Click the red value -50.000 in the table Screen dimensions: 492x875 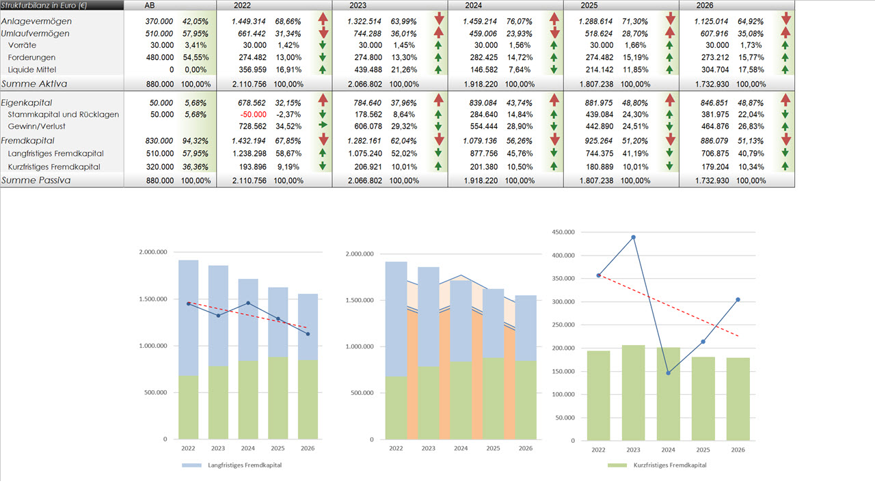point(254,114)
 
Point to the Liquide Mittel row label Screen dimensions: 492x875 point(31,70)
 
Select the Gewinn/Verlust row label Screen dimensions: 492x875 point(37,126)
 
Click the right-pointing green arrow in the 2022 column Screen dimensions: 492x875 point(323,126)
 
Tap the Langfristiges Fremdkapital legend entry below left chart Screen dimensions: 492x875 point(245,465)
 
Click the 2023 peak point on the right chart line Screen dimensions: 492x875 point(633,237)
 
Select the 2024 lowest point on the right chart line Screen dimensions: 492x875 point(668,373)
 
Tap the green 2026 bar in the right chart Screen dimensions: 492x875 point(738,398)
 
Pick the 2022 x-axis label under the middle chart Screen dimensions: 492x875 point(396,448)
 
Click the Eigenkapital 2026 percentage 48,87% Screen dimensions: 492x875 point(751,102)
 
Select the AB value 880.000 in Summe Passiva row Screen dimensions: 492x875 point(159,180)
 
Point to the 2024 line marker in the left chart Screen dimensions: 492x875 point(248,303)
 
